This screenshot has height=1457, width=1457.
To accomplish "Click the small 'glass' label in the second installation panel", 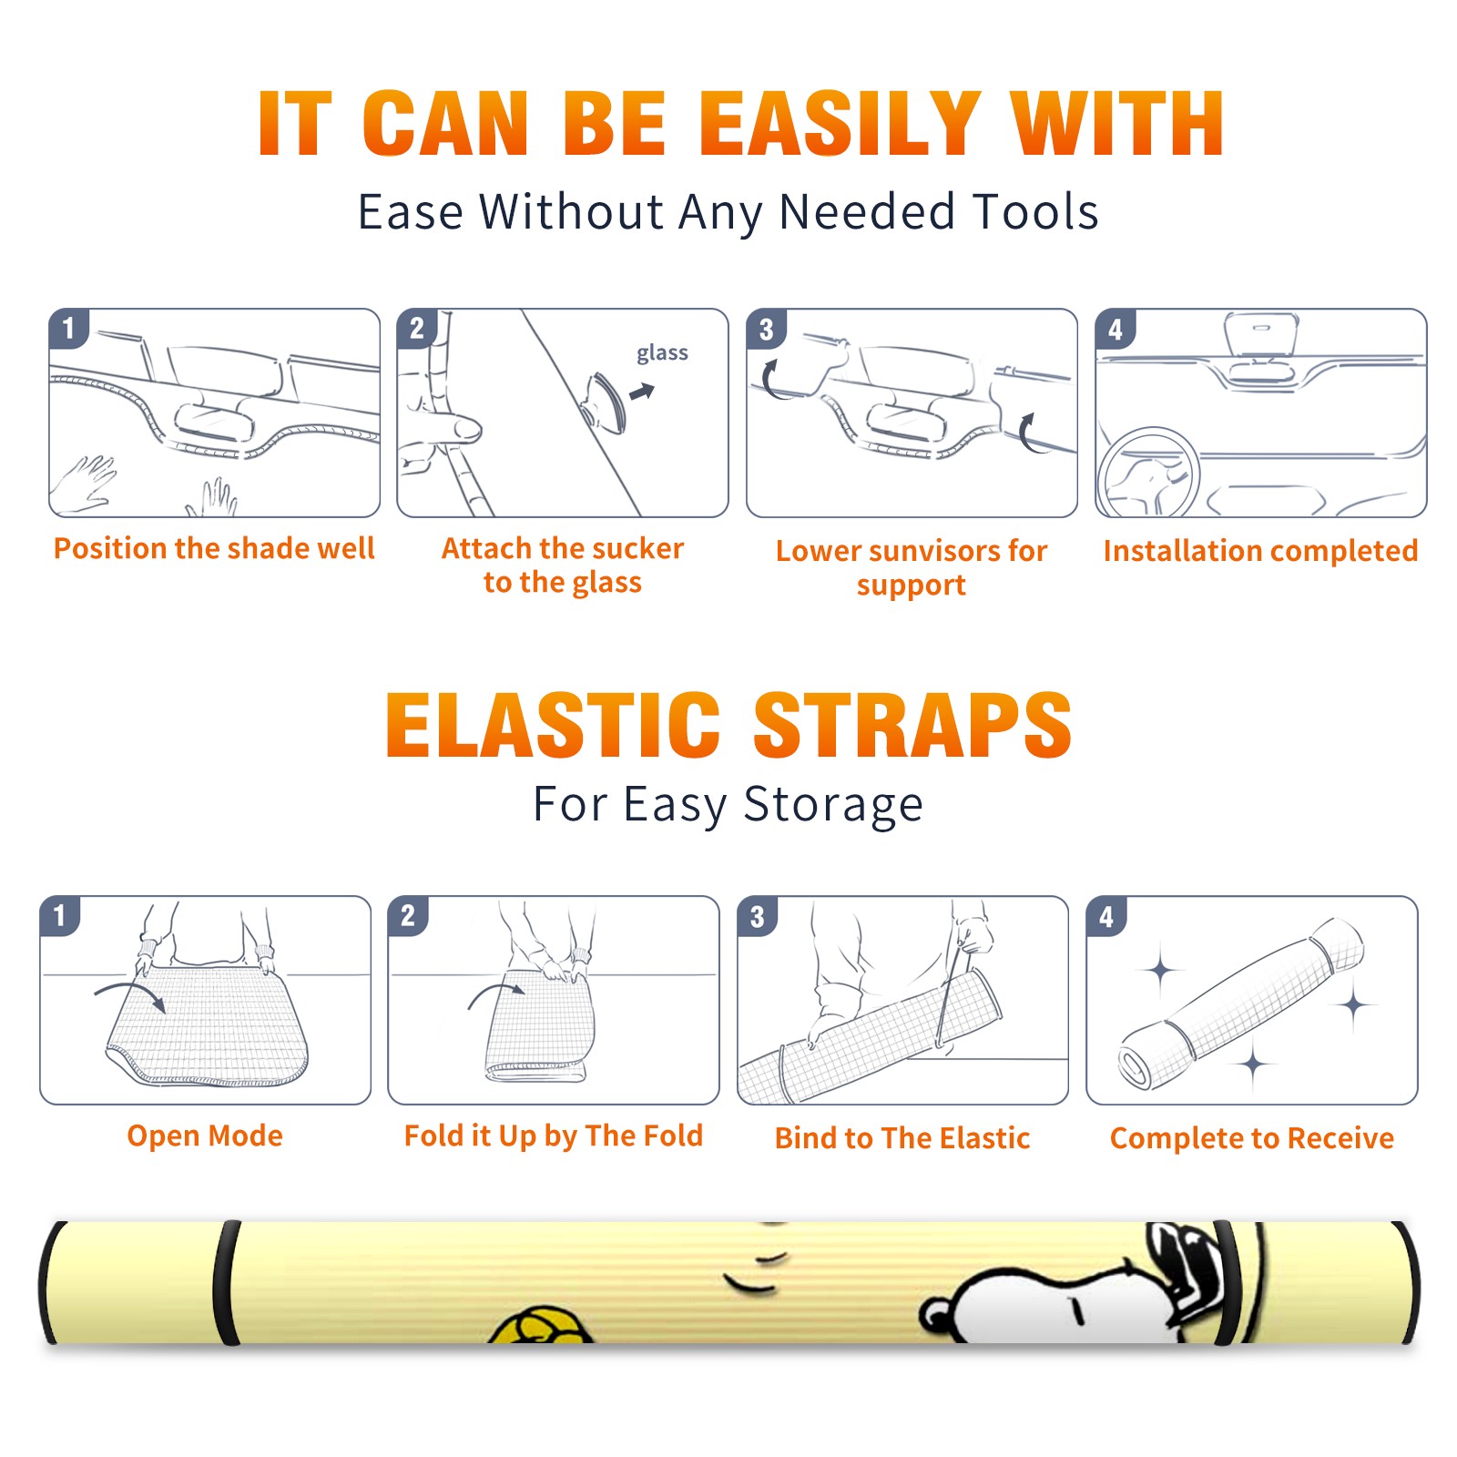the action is [662, 352].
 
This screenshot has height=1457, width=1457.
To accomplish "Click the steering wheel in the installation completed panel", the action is [1148, 472].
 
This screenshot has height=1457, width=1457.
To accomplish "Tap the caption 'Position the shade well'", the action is [214, 548].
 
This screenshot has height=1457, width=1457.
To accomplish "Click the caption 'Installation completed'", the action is [1260, 551].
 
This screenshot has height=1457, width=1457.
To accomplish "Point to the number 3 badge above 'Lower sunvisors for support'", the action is [766, 330].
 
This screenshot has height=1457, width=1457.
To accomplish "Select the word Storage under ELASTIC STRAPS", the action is [833, 805].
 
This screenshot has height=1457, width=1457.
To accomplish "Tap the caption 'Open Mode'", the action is [205, 1136].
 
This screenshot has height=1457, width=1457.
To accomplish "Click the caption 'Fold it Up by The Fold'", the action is [554, 1136].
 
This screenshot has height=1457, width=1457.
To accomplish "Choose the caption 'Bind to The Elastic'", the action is [902, 1138].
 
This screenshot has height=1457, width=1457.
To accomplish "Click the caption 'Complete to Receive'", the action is [1252, 1138].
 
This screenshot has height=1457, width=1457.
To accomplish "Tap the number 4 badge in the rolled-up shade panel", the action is [1106, 917].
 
